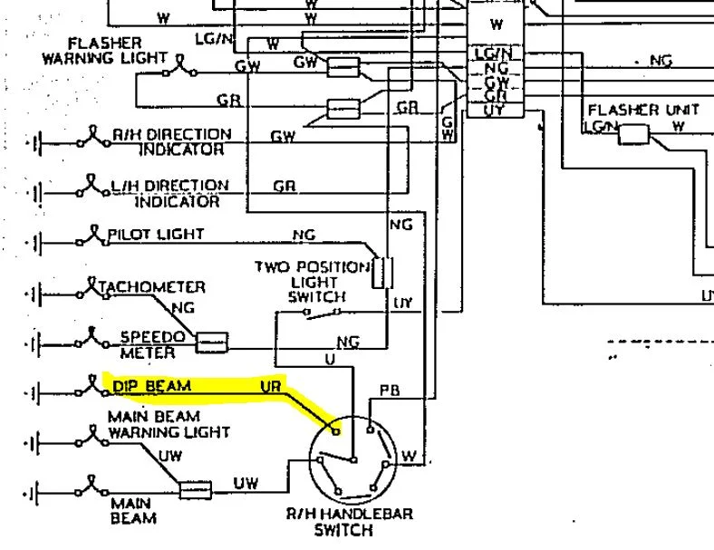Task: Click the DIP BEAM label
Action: pyautogui.click(x=152, y=386)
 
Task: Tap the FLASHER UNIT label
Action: pyautogui.click(x=643, y=111)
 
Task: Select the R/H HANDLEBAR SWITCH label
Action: pyautogui.click(x=350, y=522)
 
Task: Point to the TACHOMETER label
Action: pyautogui.click(x=152, y=287)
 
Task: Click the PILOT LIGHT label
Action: pyautogui.click(x=156, y=234)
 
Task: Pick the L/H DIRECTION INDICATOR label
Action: pyautogui.click(x=170, y=192)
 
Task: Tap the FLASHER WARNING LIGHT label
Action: pyautogui.click(x=118, y=51)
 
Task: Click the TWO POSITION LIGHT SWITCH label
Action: pyautogui.click(x=314, y=281)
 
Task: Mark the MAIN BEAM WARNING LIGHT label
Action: pyautogui.click(x=169, y=425)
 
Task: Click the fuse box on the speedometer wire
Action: pyautogui.click(x=213, y=342)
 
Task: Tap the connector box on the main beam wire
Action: pyautogui.click(x=195, y=490)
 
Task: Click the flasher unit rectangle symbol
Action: pyautogui.click(x=634, y=134)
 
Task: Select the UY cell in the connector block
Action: pyautogui.click(x=495, y=111)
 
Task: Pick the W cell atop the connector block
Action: pyautogui.click(x=496, y=25)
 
